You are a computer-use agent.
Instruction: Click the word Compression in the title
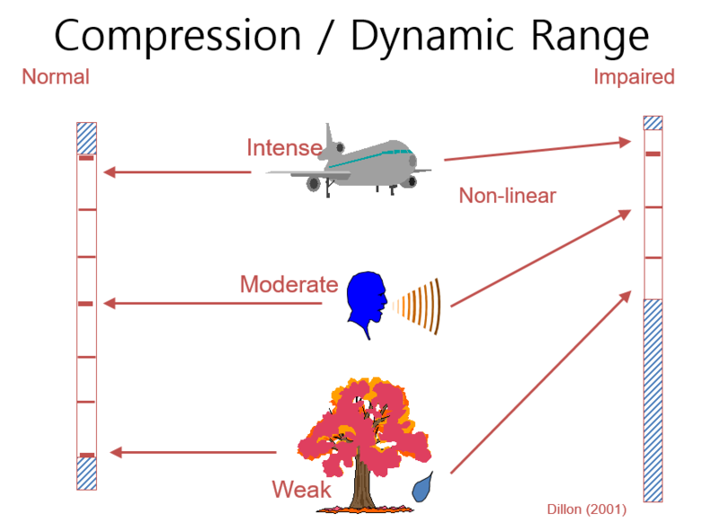177,36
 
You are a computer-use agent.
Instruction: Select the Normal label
56,77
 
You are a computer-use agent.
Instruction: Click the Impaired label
634,77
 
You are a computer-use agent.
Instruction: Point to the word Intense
284,147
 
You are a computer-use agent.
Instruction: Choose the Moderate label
288,286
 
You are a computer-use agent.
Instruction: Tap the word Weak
301,491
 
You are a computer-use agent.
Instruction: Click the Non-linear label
508,196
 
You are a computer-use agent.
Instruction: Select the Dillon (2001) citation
587,509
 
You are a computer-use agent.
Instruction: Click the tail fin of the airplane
334,139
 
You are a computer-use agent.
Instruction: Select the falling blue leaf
421,488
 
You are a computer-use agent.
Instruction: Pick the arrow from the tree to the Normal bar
192,452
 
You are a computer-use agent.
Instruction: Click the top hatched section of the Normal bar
86,137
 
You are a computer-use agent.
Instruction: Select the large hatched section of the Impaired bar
653,400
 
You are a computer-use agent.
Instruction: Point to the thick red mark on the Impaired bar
653,155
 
